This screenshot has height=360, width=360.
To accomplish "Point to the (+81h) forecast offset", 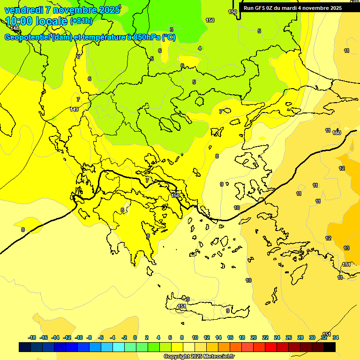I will [x=81, y=21].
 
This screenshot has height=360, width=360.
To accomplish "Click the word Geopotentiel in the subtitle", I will [x=28, y=37].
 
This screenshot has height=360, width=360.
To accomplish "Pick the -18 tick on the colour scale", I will [x=32, y=337].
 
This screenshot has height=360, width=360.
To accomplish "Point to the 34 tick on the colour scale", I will [x=336, y=337].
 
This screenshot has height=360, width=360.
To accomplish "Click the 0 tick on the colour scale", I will [x=135, y=337].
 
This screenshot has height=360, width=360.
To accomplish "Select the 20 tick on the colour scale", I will [x=254, y=337].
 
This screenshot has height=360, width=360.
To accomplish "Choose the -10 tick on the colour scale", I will [x=79, y=337].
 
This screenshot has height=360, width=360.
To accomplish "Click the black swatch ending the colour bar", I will [x=330, y=347].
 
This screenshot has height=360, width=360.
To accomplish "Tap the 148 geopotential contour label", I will [x=15, y=29].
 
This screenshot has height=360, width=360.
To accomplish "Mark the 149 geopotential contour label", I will [x=74, y=109].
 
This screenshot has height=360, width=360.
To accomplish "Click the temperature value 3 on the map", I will [x=171, y=30].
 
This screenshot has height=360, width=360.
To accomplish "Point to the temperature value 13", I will [x=346, y=248].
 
